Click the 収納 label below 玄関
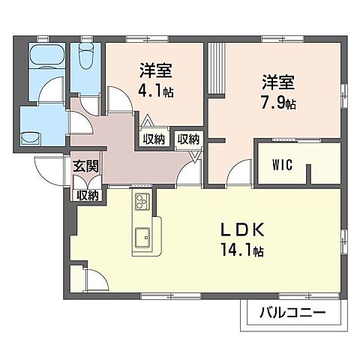click(x=88, y=194)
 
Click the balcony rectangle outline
click(x=286, y=322)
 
